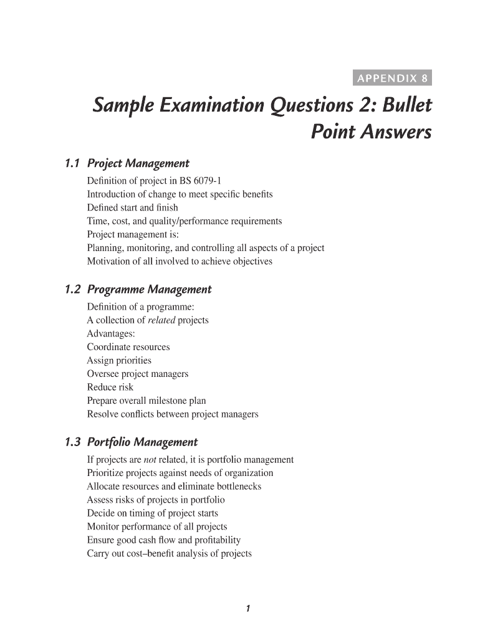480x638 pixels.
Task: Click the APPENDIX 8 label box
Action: coord(391,79)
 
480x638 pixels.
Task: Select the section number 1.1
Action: coord(73,164)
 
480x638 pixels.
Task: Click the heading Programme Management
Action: coord(149,290)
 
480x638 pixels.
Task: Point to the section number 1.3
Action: coord(73,443)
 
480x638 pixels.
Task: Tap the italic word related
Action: coord(161,320)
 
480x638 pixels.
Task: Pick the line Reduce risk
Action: coord(110,388)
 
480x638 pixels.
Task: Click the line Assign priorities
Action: coord(119,361)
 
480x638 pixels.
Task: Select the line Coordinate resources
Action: coord(128,347)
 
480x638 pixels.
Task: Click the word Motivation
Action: coord(108,262)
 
